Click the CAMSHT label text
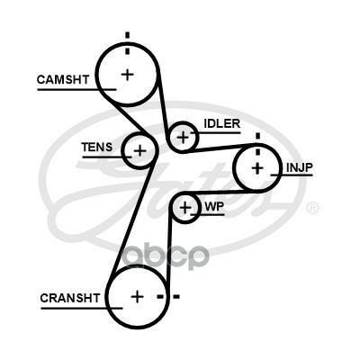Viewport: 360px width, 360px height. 63,79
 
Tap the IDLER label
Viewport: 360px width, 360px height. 222,123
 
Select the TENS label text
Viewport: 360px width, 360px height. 97,147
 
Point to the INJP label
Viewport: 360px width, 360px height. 300,167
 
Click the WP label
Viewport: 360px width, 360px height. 214,206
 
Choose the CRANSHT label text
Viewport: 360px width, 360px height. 69,298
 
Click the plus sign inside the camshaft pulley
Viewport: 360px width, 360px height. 128,74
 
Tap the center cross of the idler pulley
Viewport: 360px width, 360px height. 183,138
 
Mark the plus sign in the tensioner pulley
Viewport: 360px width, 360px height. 139,150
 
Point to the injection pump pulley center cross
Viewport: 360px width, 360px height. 257,168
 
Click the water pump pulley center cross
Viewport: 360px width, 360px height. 185,207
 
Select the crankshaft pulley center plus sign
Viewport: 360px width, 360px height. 138,297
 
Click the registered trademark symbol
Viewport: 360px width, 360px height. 313,208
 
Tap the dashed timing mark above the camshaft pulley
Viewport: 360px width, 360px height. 128,43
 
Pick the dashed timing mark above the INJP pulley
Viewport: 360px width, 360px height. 257,144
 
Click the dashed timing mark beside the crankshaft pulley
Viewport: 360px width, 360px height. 168,297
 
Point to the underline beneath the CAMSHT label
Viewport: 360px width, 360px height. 76,89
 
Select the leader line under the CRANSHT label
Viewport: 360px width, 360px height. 82,308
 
